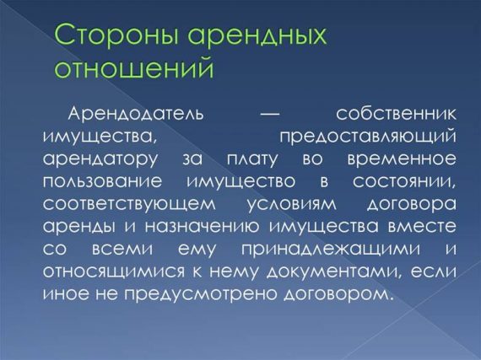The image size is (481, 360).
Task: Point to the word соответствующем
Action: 118,204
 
